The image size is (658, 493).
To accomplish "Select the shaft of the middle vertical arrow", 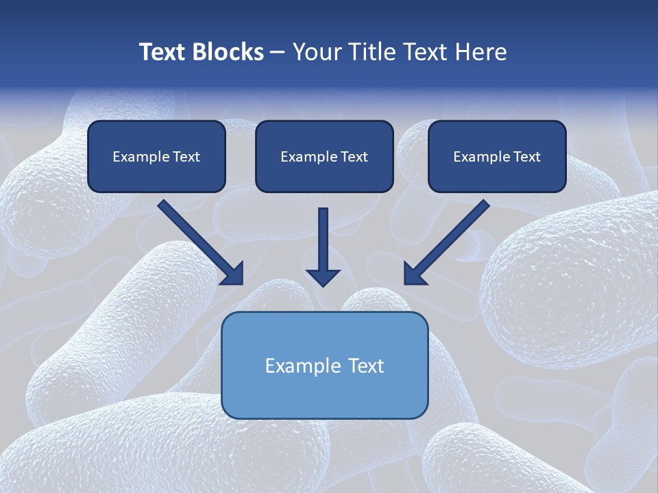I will click(x=323, y=236).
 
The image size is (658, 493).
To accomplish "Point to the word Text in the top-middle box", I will click(x=354, y=157).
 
